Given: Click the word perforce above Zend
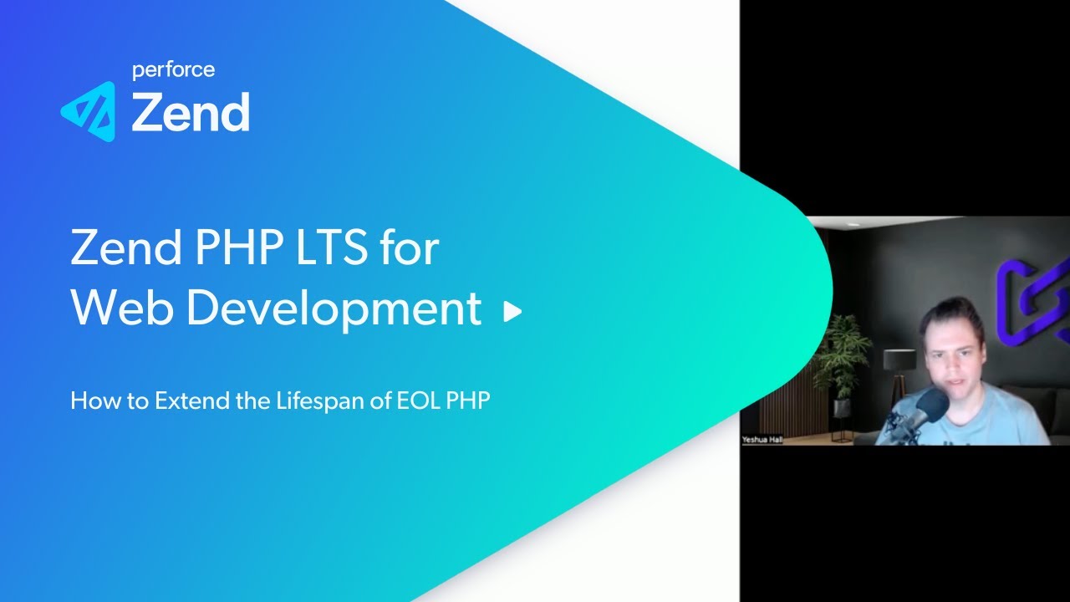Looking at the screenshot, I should coord(173,70).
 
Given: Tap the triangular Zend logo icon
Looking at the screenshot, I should coord(88,111).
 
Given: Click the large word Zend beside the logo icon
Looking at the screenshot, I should coord(191,112).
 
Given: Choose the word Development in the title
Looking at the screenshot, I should coord(334,310).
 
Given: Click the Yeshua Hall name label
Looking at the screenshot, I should coord(762,439).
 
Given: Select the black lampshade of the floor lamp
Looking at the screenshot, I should coord(899,360).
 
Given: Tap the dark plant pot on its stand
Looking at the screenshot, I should coord(841,407).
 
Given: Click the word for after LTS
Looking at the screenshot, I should coord(407,248).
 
